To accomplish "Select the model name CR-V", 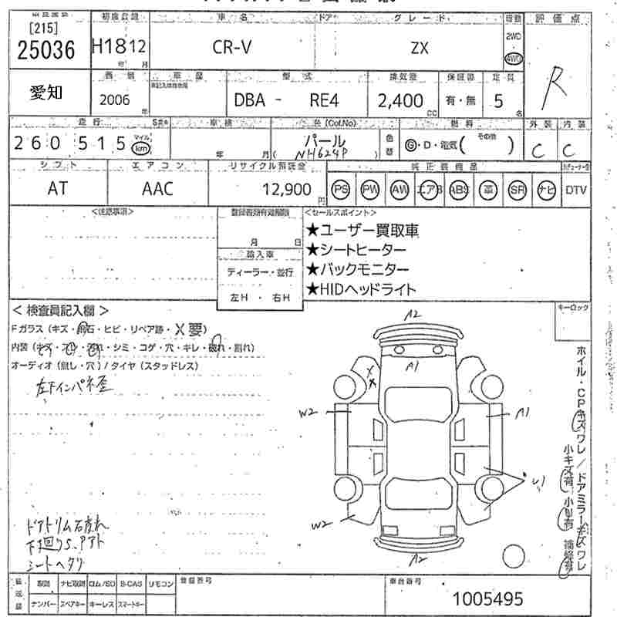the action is (232, 48).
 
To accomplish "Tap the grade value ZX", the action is (420, 48).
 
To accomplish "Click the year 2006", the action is (115, 100).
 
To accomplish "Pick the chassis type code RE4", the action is (322, 101).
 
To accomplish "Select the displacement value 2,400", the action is (400, 101).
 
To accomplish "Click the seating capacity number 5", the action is (498, 101).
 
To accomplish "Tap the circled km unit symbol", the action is (140, 147).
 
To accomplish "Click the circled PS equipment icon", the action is (340, 189).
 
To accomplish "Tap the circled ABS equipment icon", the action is (458, 189).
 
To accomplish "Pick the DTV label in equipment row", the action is (575, 190).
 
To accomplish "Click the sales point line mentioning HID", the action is (361, 289).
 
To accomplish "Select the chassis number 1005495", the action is (487, 598).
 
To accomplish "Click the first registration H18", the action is (106, 48).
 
